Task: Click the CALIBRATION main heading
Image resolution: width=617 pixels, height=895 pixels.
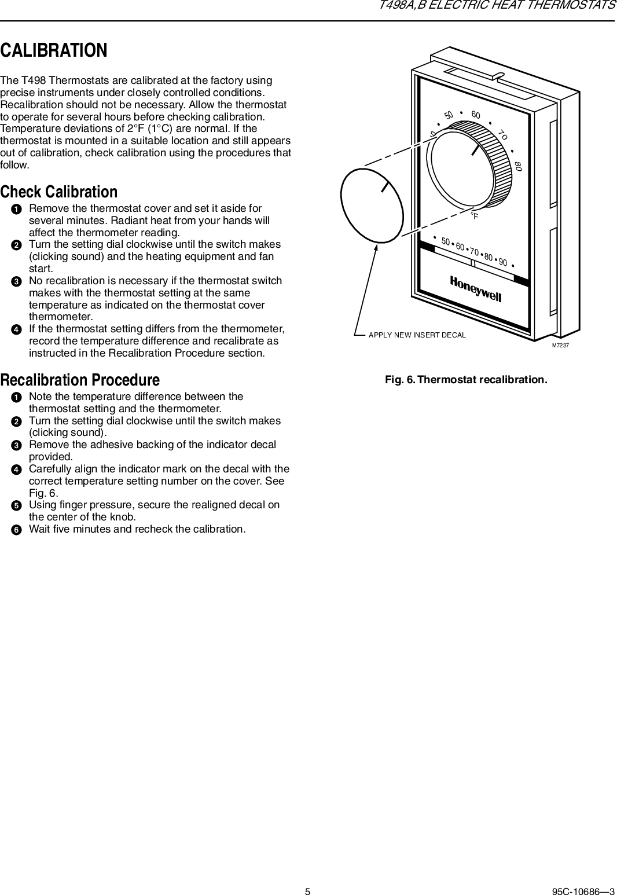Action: coord(54,50)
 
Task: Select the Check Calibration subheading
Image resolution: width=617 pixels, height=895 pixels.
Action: coord(58,192)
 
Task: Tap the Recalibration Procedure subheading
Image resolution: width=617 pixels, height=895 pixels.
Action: coord(80,380)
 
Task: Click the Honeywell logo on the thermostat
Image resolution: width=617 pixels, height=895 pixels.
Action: coord(475,288)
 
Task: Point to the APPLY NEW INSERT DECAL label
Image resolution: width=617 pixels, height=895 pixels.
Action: coord(417,335)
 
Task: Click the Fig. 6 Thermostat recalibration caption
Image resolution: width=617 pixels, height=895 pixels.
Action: coord(466,380)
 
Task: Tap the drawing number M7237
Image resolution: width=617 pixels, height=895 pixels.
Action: coord(560,345)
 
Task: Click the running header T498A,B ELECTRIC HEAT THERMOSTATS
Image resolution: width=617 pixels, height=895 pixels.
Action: coord(497,6)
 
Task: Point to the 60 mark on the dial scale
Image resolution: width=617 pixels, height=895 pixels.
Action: coord(476,115)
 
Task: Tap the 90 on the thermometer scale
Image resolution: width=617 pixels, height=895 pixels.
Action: coord(502,263)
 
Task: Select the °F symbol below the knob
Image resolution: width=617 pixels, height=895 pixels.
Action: coord(475,216)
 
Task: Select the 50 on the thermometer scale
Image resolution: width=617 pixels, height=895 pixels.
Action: coord(446,241)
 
